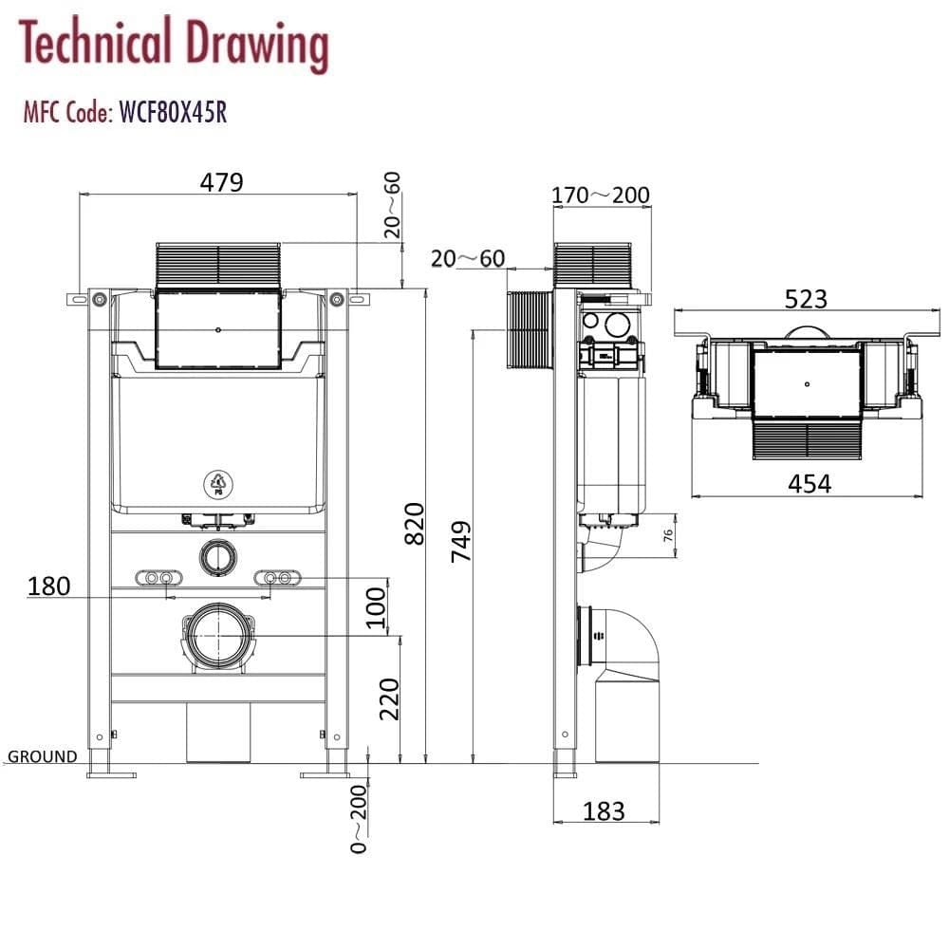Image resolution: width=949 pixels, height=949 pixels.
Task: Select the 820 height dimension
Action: pos(415,523)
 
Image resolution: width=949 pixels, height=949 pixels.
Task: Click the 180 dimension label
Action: pos(49,586)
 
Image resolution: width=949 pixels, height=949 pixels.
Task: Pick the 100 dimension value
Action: pos(377,607)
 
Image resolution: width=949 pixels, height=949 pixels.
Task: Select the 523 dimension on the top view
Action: pos(806,300)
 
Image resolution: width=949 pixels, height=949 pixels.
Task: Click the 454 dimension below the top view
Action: pos(809,483)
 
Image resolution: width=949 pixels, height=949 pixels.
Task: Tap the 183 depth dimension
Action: pos(604,811)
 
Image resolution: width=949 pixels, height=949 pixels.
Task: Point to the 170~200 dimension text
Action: pos(602,196)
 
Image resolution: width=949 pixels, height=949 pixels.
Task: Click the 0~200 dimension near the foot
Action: pos(358,819)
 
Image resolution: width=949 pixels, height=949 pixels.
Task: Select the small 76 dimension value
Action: pos(668,535)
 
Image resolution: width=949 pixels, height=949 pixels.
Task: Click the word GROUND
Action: pos(43,756)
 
